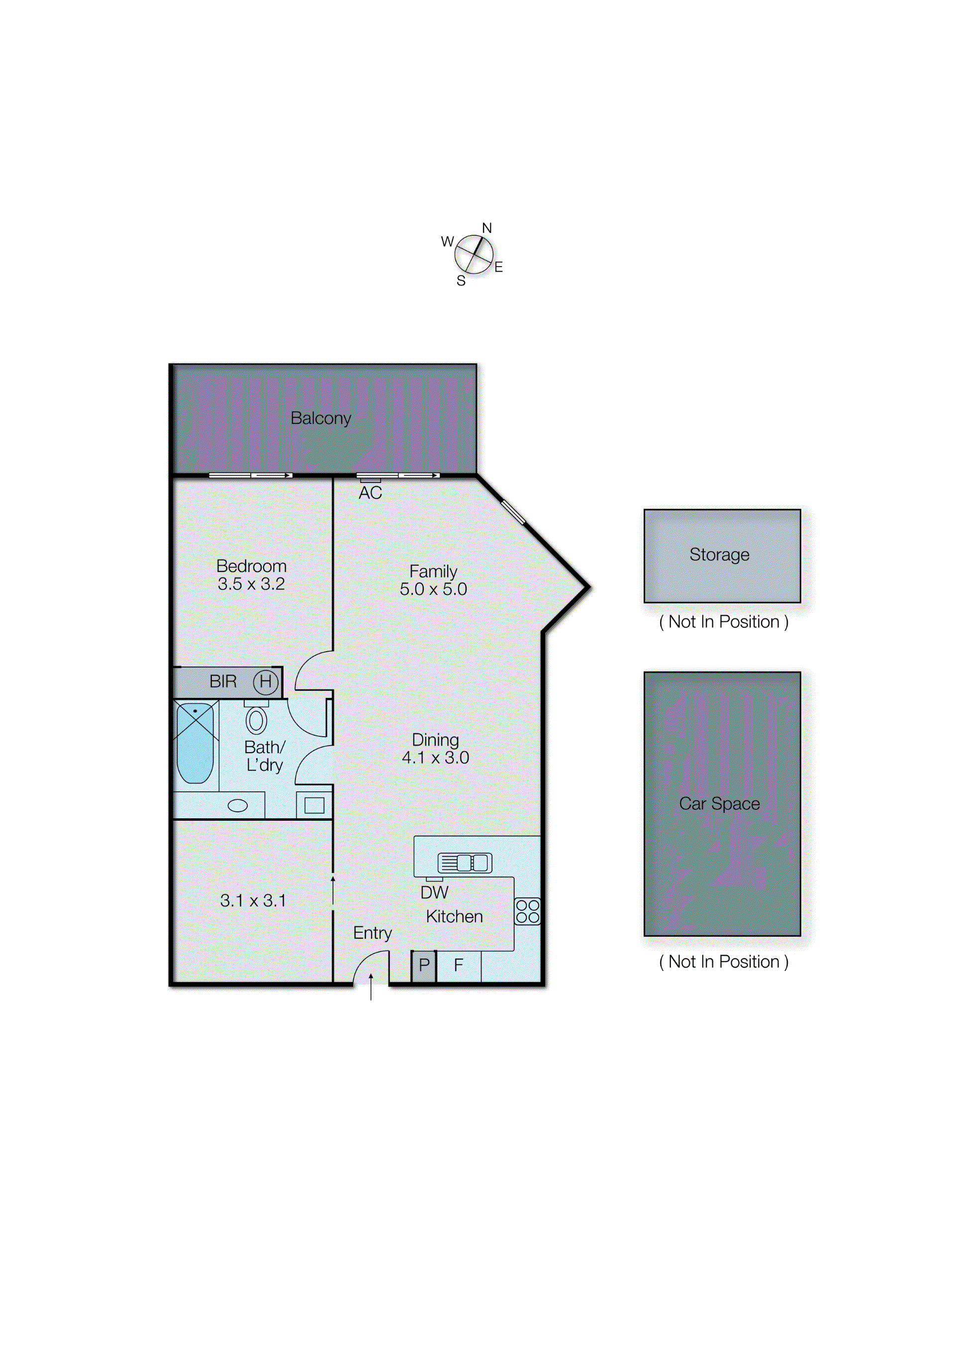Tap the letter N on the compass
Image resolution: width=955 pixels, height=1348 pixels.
coord(487,228)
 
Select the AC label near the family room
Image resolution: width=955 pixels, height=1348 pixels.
coord(371,493)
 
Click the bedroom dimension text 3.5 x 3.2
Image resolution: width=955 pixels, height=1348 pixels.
coord(251,584)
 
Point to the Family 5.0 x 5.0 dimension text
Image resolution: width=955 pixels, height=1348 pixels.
coord(433,589)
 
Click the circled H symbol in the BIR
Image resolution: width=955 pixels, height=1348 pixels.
coord(266,681)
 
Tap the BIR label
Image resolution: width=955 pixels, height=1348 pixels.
coord(223,681)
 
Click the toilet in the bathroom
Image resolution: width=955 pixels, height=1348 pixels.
coord(256,720)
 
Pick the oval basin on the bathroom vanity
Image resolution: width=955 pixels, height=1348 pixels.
coord(238,806)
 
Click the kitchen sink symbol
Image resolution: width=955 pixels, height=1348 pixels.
coord(465,863)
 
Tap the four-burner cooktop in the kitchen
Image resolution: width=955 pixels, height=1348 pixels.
coord(527,911)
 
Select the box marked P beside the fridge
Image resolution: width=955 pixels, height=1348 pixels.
coord(424,965)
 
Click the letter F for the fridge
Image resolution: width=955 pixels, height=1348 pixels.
coord(459,965)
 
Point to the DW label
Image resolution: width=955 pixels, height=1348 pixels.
coord(435,893)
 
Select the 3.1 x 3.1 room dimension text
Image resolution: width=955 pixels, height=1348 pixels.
coord(253,901)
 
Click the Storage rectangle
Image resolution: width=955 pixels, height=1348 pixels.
coord(722,556)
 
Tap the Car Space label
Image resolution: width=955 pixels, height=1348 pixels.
coord(719,804)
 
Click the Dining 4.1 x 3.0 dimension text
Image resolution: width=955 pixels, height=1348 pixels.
coord(436,758)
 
